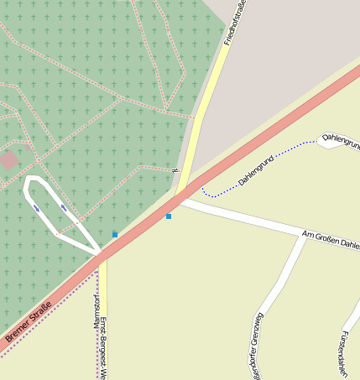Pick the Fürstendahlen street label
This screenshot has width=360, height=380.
click(343, 352)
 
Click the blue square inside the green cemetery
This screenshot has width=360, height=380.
click(115, 234)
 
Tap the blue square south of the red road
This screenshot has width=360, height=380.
click(169, 216)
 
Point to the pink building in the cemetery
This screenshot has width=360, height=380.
click(9, 160)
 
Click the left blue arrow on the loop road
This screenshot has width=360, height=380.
click(36, 207)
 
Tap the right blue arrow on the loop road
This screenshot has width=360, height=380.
click(63, 207)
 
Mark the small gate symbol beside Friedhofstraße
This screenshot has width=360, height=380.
click(175, 172)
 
